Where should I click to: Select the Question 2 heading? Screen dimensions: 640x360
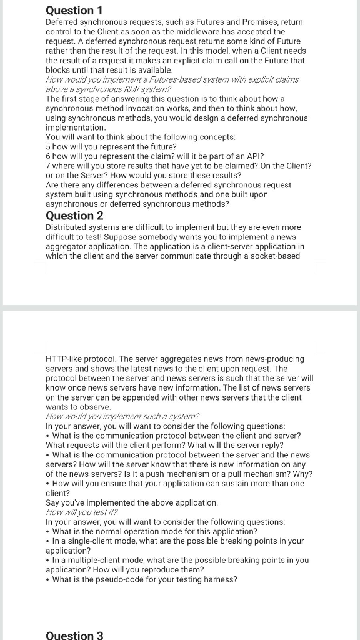pos(74,216)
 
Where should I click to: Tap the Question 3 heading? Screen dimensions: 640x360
pos(74,635)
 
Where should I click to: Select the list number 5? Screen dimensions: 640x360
pos(48,146)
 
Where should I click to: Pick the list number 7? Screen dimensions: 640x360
pos(48,166)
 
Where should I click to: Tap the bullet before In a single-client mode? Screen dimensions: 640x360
pos(49,541)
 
